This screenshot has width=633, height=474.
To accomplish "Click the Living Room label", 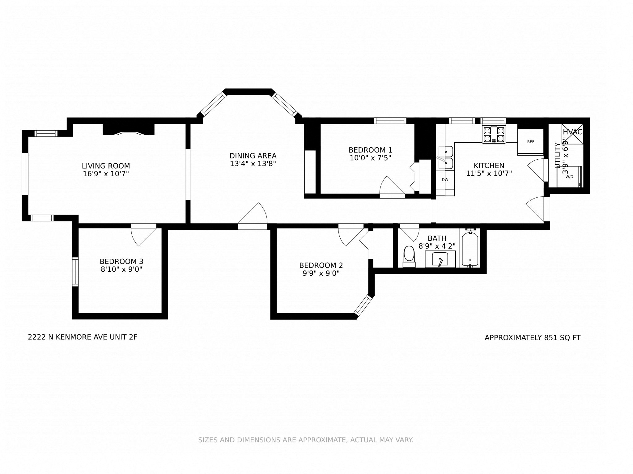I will (x=106, y=166).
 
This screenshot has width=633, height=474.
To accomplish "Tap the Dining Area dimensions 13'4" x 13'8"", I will (x=253, y=164).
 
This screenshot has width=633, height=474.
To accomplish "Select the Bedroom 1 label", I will (x=370, y=150).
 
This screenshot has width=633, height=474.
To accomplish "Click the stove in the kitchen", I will (x=494, y=135).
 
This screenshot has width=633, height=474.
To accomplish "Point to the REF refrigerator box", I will (x=530, y=142).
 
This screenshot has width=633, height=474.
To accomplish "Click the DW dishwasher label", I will (x=445, y=180).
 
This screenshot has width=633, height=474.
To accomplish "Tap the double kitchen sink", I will (x=445, y=158).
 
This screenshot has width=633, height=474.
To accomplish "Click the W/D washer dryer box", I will (x=569, y=177).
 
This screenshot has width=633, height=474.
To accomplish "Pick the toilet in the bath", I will (x=409, y=256).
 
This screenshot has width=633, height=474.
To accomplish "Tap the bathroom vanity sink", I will (x=440, y=259).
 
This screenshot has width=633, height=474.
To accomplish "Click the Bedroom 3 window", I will (x=75, y=272).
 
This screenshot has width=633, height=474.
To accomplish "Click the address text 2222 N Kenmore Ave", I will (x=83, y=337).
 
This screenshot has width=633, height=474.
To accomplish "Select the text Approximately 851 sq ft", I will (x=532, y=338).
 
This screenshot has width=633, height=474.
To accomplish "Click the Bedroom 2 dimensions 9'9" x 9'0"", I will (x=321, y=273).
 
